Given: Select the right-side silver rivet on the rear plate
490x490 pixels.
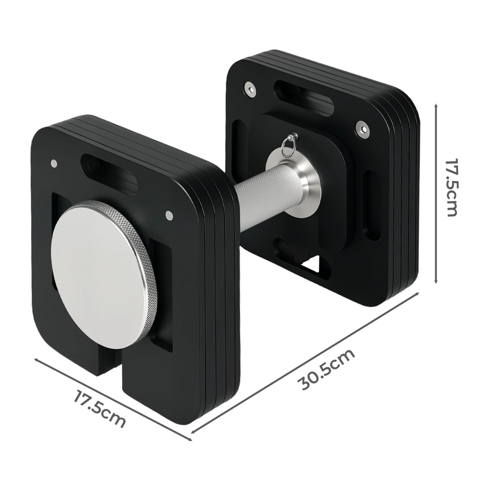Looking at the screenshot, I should point(362,129).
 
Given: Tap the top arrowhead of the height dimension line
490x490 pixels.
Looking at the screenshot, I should point(436,106).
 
